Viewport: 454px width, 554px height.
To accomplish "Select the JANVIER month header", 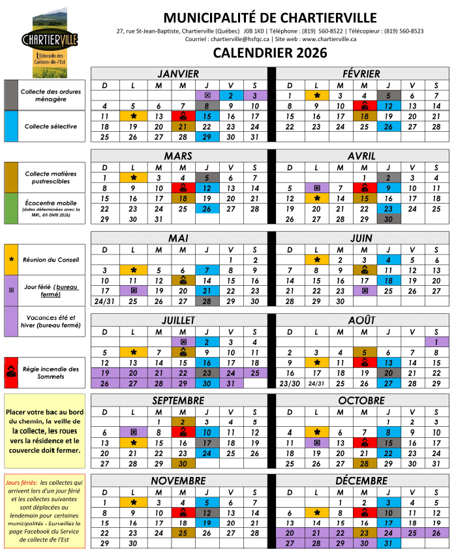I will point(178,74).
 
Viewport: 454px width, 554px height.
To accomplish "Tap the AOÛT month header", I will point(361,320).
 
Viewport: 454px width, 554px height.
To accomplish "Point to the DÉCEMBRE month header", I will point(362,480).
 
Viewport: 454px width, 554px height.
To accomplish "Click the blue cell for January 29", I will point(207,137).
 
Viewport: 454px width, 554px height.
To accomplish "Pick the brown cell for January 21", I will point(183,127).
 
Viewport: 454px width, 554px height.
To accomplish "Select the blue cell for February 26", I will point(388,127).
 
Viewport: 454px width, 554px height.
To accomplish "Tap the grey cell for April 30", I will point(388,219).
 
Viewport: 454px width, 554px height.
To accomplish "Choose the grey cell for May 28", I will point(207,301).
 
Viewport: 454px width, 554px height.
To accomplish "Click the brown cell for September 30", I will point(183,463).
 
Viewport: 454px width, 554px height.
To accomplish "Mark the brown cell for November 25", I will point(183,532).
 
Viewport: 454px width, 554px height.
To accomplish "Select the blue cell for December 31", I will point(388,543).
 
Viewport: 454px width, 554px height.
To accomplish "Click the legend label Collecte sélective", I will point(52,127).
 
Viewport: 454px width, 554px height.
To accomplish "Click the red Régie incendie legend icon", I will point(11,373).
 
